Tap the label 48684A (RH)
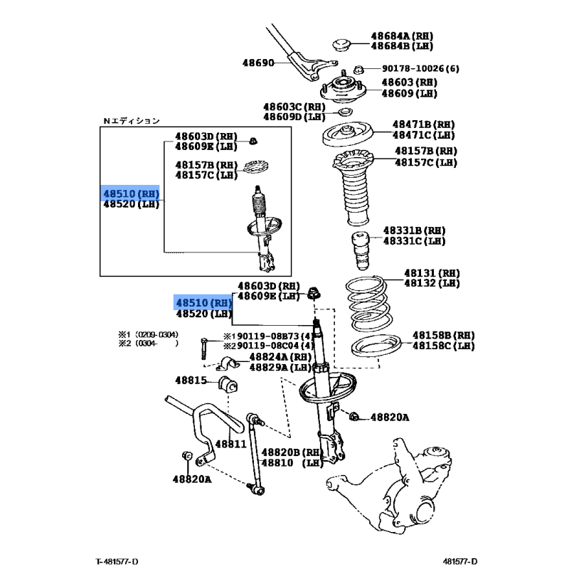coord(401,36)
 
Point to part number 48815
coord(191,381)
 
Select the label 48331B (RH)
coord(414,230)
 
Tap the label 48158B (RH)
coord(443,334)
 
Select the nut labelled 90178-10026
coord(360,69)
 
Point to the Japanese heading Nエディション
coord(132,121)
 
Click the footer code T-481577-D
coord(118,562)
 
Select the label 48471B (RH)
coord(423,124)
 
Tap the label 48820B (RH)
coord(292,452)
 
